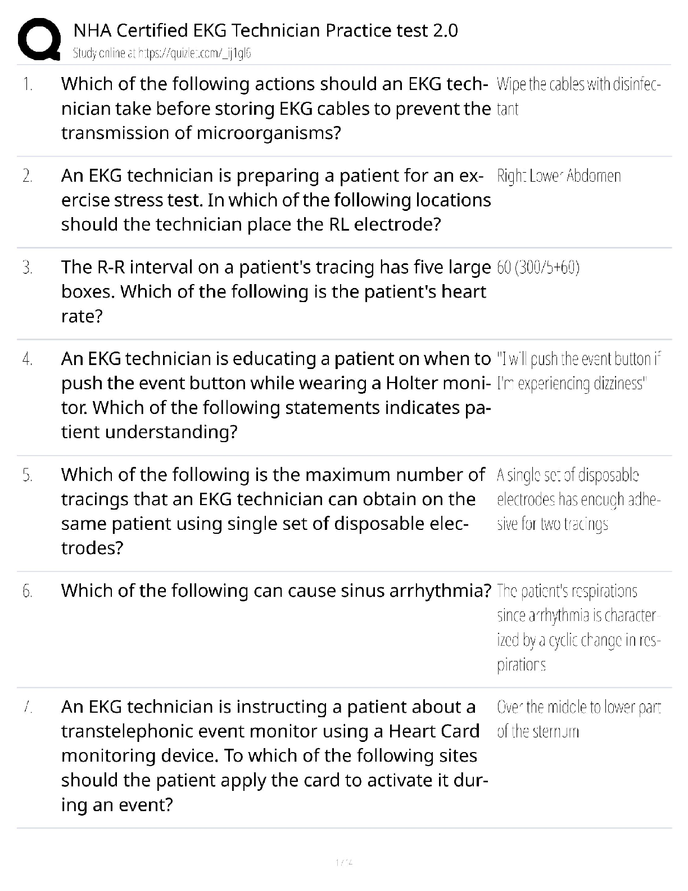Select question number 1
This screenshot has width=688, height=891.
point(28,85)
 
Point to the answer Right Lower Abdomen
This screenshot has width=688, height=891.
point(559,176)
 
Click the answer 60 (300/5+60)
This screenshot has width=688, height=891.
point(538,267)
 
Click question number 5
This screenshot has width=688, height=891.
point(28,476)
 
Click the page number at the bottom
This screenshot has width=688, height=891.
point(343,862)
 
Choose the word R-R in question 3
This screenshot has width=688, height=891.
point(110,267)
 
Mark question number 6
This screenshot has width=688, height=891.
point(28,591)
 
